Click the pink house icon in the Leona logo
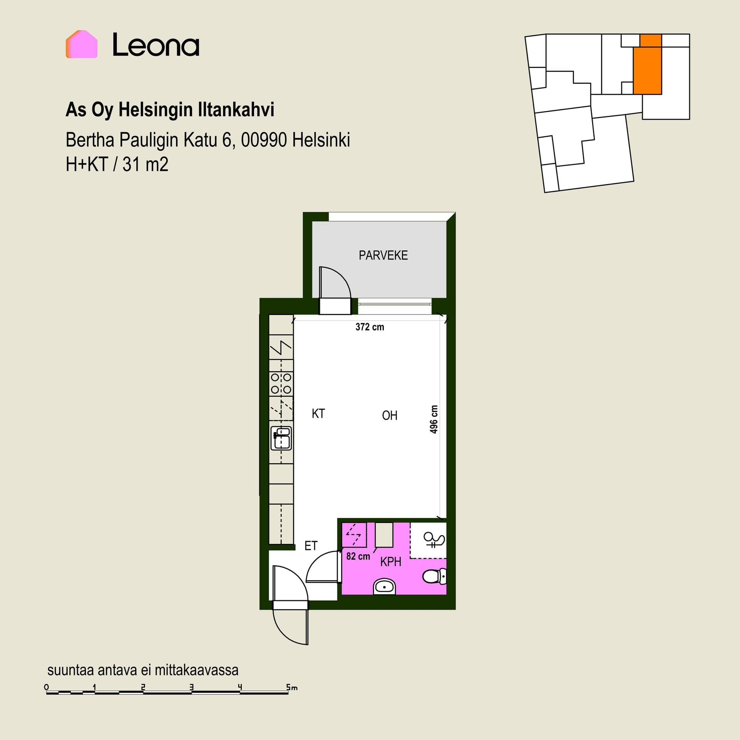coord(81,44)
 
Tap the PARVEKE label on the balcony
coord(383,255)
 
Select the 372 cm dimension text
coord(370,327)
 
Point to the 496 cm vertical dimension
coord(434,419)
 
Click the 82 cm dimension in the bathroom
coord(358,556)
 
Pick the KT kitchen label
coord(318,414)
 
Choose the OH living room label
coord(390,415)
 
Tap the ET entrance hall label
coord(311,546)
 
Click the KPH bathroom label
coord(391,562)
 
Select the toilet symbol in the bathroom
coord(434,577)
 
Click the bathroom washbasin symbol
coord(384,586)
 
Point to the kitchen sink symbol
coord(281,438)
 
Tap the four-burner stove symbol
coord(281,383)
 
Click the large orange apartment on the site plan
coord(647,71)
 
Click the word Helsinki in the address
coord(321,140)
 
